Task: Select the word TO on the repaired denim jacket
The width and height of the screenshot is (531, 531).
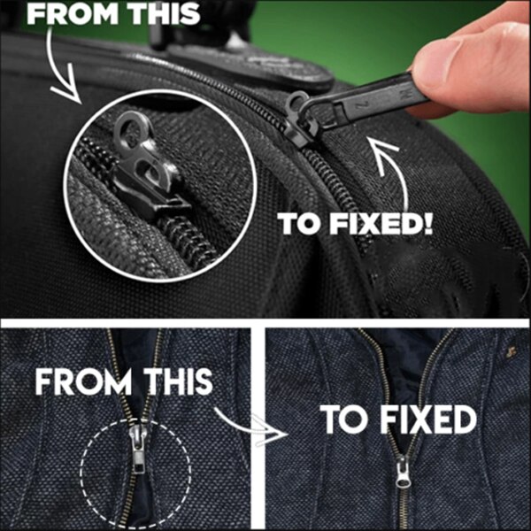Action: point(339,420)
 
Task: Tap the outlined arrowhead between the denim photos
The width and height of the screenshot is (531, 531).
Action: point(269,431)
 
